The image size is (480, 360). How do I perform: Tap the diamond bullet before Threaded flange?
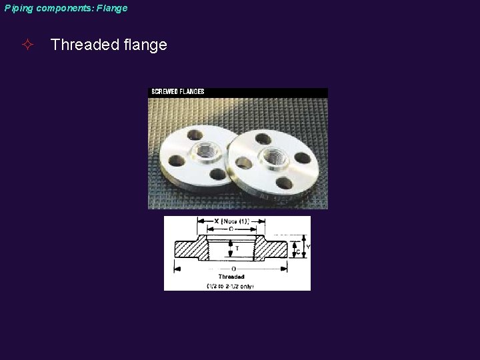pyautogui.click(x=27, y=45)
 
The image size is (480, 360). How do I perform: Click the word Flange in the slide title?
pyautogui.click(x=111, y=8)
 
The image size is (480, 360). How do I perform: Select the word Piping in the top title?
pyautogui.click(x=19, y=8)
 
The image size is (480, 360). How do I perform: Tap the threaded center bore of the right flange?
pyautogui.click(x=274, y=157)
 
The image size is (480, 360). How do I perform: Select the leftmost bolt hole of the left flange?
pyautogui.click(x=177, y=161)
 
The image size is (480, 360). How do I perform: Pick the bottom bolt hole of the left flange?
pyautogui.click(x=217, y=175)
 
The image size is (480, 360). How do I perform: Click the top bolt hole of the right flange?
pyautogui.click(x=263, y=139)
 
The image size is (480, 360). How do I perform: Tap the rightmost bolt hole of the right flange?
pyautogui.click(x=303, y=158)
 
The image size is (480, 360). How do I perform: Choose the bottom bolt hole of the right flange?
pyautogui.click(x=285, y=183)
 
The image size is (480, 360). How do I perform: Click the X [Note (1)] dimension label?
pyautogui.click(x=232, y=221)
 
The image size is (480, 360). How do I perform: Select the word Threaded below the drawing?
pyautogui.click(x=231, y=276)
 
